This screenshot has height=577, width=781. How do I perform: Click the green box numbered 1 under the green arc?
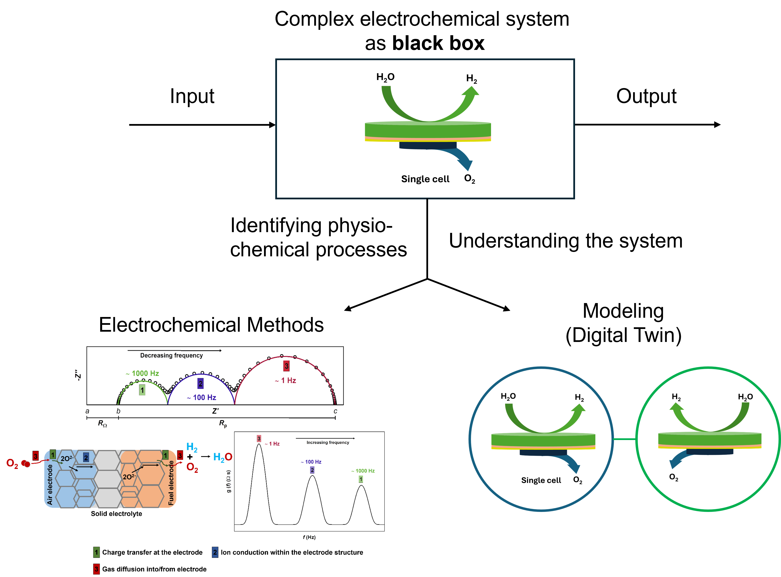coord(142,390)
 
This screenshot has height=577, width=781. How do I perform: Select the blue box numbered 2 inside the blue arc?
coord(200,384)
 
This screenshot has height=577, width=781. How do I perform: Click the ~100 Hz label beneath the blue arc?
coord(202,397)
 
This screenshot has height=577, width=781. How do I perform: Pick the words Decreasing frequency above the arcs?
coord(171,355)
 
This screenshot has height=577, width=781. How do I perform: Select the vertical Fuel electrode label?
coord(171,483)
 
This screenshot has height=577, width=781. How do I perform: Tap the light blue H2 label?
coord(192,447)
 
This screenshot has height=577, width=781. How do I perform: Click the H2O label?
coord(223,457)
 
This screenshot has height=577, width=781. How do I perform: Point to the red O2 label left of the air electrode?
coord(12,464)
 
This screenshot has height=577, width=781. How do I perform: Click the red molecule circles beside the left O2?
coord(26,464)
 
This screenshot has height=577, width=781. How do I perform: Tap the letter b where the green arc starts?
coord(118,411)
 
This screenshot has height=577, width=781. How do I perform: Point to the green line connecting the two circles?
coord(624,439)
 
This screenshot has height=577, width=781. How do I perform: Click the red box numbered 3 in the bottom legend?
coord(96,569)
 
